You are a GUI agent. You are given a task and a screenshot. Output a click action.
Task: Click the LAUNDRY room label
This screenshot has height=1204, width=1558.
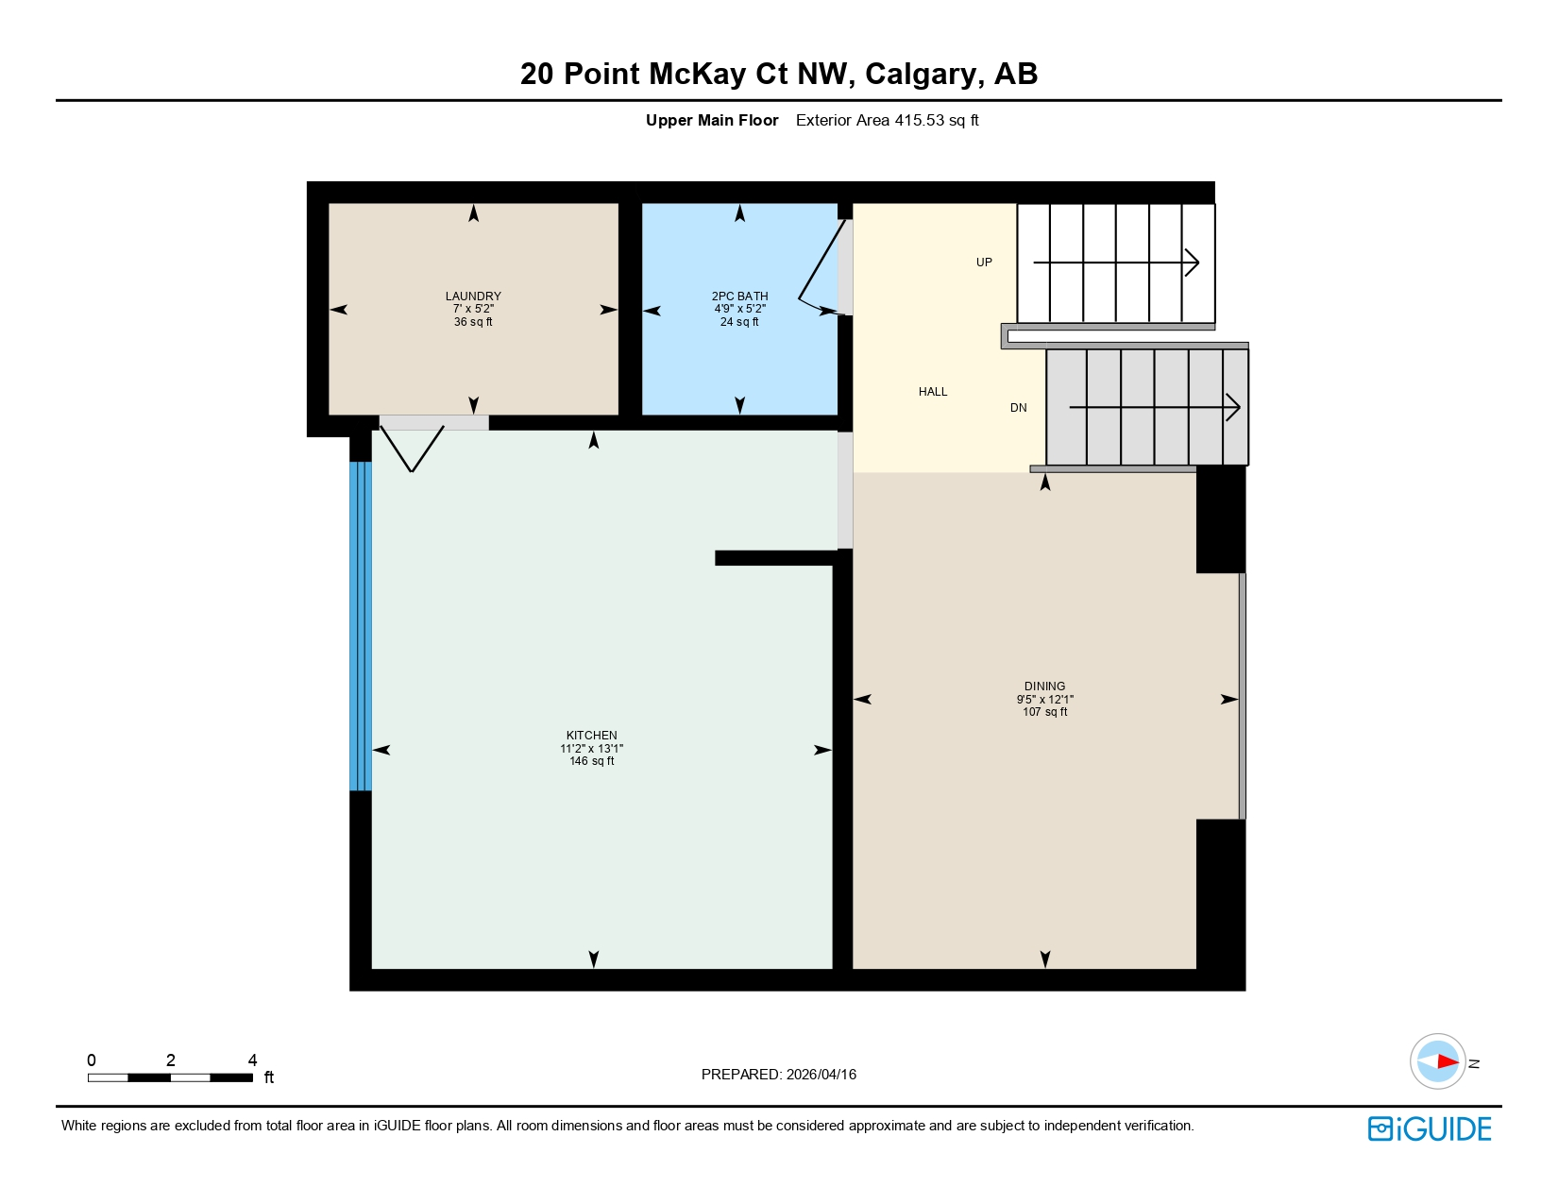pos(473,296)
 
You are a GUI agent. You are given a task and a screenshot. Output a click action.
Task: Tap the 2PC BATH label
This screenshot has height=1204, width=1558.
pos(739,296)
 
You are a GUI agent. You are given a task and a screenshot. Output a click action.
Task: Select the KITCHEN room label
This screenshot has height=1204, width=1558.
pos(592,735)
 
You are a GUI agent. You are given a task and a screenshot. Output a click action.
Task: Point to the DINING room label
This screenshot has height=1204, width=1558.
pos(1044,686)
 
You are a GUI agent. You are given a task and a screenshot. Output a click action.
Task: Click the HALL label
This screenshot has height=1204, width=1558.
pos(933,391)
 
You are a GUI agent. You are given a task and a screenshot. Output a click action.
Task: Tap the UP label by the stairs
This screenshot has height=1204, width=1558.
pos(984,263)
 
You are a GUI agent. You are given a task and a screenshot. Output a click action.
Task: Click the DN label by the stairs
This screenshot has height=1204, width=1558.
pos(1018,408)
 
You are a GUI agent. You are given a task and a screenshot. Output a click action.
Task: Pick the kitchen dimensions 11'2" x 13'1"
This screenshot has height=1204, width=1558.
pos(592,748)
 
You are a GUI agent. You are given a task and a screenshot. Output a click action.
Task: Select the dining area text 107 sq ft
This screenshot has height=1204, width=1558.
pos(1044,712)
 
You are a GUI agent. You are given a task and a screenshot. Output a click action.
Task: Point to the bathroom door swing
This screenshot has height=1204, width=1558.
pos(820,269)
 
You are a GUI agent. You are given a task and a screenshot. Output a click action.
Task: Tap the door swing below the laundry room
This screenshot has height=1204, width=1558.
pos(413,448)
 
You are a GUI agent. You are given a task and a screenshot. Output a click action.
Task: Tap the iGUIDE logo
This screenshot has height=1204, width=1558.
pos(1430,1128)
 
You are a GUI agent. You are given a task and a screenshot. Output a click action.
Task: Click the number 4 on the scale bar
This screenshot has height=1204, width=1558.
pos(252,1060)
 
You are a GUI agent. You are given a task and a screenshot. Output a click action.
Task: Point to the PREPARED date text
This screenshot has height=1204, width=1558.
pos(779,1074)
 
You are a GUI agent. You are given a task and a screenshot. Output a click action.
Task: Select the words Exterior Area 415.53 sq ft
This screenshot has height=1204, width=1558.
pos(887,120)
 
